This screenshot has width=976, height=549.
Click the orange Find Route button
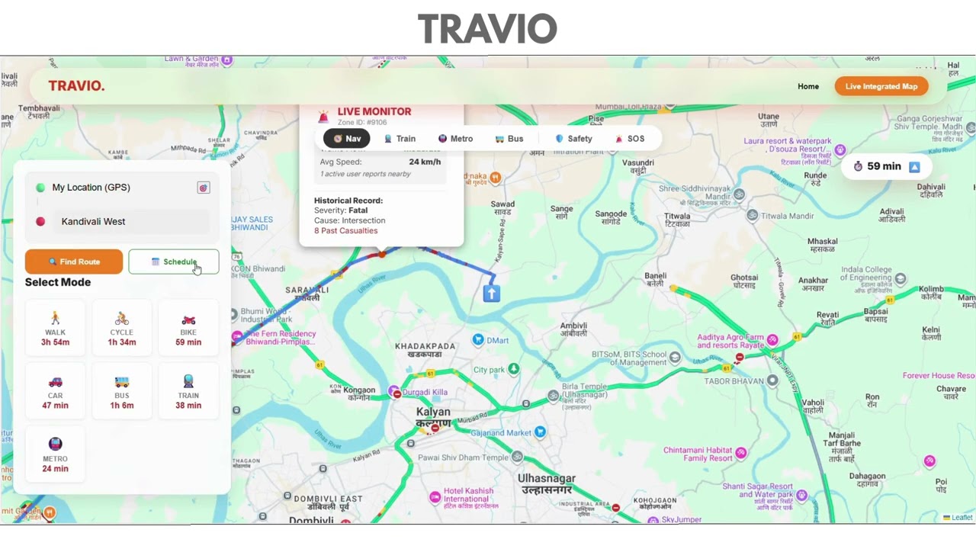click(x=74, y=262)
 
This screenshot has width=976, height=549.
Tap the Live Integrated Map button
click(x=881, y=86)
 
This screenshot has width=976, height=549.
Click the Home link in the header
click(x=808, y=86)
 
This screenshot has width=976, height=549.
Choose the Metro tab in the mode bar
click(x=455, y=139)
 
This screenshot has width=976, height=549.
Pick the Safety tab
click(x=573, y=139)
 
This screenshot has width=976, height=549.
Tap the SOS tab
click(x=630, y=139)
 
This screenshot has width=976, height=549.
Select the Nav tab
click(x=347, y=139)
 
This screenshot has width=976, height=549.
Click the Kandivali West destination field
click(x=122, y=221)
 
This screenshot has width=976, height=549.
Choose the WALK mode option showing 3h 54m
click(x=55, y=329)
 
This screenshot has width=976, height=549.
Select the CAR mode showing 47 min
click(x=55, y=392)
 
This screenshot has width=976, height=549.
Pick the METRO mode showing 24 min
click(x=55, y=455)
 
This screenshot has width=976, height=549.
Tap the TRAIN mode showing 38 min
click(x=188, y=392)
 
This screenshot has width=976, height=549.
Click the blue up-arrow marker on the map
click(x=491, y=293)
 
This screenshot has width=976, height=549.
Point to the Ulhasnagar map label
click(x=546, y=483)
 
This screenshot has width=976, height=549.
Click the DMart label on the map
click(x=496, y=340)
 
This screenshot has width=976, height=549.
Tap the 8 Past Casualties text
click(x=345, y=230)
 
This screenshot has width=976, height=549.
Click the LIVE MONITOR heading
click(x=374, y=111)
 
